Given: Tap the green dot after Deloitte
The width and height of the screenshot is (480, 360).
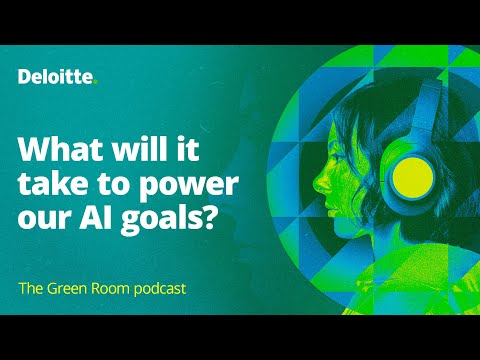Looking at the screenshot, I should tap(96, 82).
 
